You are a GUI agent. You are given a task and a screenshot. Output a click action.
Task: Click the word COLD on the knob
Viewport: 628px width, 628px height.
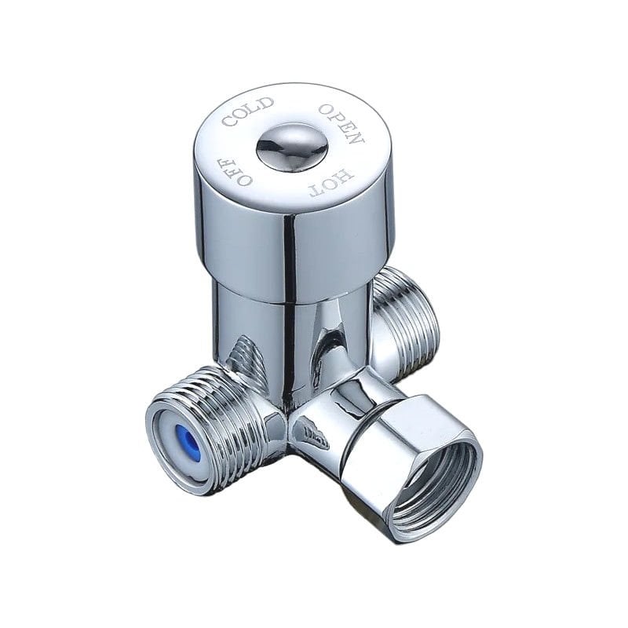pyautogui.click(x=248, y=111)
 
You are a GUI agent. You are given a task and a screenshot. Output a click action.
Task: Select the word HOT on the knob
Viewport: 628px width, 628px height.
pyautogui.click(x=330, y=181)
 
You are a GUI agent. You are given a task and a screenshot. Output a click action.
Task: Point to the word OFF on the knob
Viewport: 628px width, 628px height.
pyautogui.click(x=235, y=171)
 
